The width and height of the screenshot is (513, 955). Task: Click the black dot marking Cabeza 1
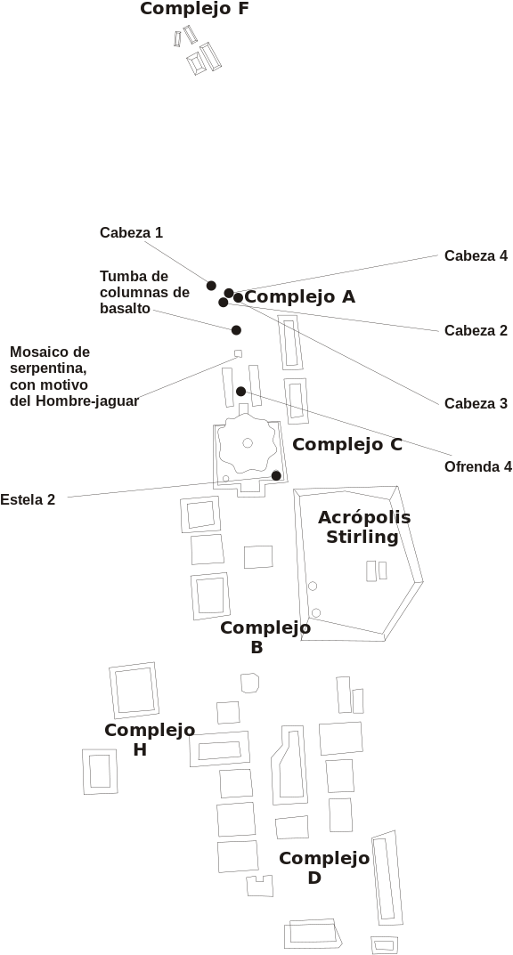pyautogui.click(x=211, y=286)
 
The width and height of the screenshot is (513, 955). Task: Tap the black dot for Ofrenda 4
pyautogui.click(x=240, y=392)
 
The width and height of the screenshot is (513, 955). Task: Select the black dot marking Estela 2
pyautogui.click(x=276, y=475)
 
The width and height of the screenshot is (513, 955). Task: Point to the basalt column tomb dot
pyautogui.click(x=236, y=330)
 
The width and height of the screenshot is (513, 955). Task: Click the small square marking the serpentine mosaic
pyautogui.click(x=238, y=353)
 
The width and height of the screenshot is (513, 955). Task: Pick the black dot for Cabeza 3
pyautogui.click(x=238, y=298)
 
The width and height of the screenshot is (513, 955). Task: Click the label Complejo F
pyautogui.click(x=194, y=9)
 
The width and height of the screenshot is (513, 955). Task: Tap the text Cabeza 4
pyautogui.click(x=476, y=255)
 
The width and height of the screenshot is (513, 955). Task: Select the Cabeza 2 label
pyautogui.click(x=476, y=331)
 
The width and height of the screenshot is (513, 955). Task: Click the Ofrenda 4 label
pyautogui.click(x=478, y=467)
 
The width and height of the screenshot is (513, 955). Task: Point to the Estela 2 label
pyautogui.click(x=28, y=500)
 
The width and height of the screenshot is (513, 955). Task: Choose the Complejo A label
pyautogui.click(x=299, y=297)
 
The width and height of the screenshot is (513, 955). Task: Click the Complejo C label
pyautogui.click(x=347, y=445)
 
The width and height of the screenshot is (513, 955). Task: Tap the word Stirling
pyautogui.click(x=362, y=537)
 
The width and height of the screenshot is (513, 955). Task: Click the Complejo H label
pyautogui.click(x=150, y=740)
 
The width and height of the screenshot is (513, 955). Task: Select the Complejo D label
pyautogui.click(x=324, y=868)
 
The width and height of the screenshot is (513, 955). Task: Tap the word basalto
pyautogui.click(x=125, y=308)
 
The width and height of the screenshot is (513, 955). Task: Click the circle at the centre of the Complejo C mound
pyautogui.click(x=248, y=442)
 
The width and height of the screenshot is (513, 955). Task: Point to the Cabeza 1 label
pyautogui.click(x=132, y=232)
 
